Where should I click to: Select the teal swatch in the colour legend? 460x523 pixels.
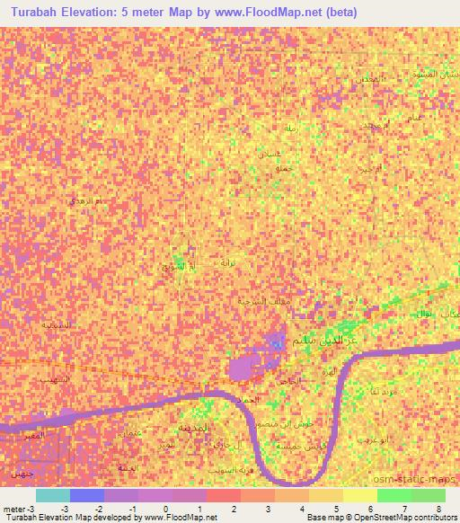pyautogui.click(x=52, y=495)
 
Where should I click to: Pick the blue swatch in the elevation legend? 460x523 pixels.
pyautogui.click(x=87, y=495)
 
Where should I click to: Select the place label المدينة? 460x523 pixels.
pyautogui.click(x=193, y=427)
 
